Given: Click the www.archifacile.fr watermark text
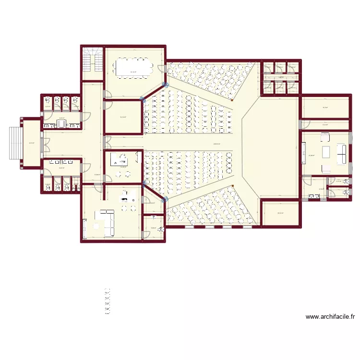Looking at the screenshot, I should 330,317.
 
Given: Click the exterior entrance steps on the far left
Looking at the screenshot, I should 14,143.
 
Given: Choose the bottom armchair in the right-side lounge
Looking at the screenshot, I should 325,168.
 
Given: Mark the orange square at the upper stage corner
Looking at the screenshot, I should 232,100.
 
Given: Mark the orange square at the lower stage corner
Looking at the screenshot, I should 232,186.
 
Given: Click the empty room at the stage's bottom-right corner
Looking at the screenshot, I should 280,213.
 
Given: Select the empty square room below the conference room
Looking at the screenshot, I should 123,117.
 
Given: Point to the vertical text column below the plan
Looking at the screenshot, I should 108,301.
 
